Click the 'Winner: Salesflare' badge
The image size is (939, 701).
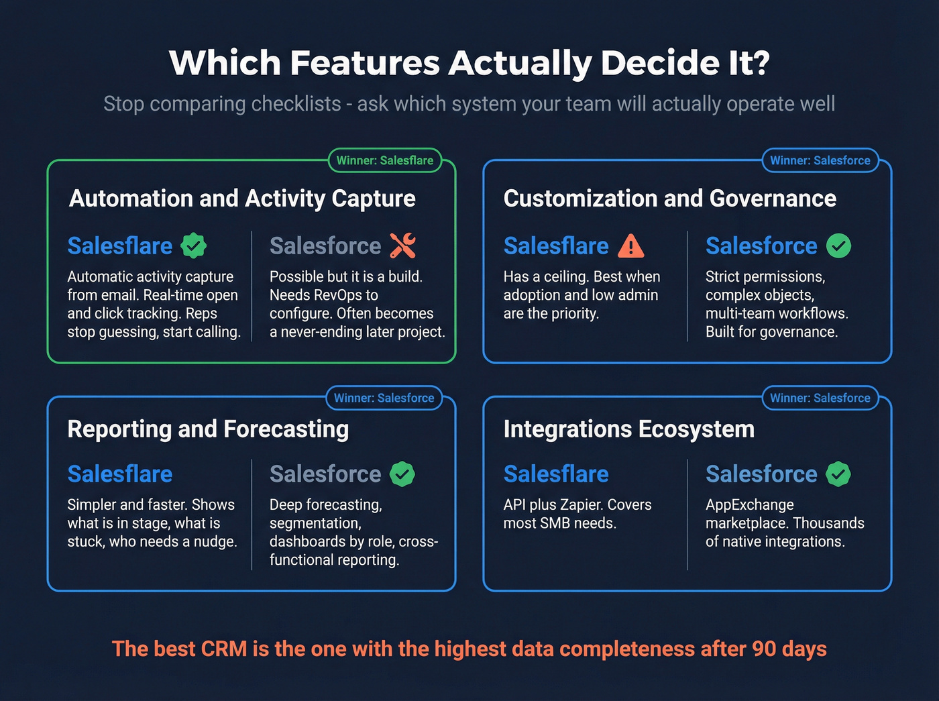[385, 160]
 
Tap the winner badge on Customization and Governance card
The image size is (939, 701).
[820, 160]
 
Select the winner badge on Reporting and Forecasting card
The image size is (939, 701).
[384, 398]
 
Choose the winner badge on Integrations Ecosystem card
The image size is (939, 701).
[820, 398]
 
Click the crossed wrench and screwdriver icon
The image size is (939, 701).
[402, 246]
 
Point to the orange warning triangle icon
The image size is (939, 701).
[630, 246]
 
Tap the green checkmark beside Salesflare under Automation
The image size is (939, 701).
[194, 246]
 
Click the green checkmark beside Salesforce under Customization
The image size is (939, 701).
[838, 246]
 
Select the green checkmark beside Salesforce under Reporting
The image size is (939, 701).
[402, 474]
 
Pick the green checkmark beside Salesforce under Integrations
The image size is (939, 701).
[838, 474]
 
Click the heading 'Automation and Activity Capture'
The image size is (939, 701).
[242, 199]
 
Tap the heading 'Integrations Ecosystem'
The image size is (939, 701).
[628, 429]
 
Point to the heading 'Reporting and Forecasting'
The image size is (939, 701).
[208, 429]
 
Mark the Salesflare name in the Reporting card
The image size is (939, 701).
[120, 474]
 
